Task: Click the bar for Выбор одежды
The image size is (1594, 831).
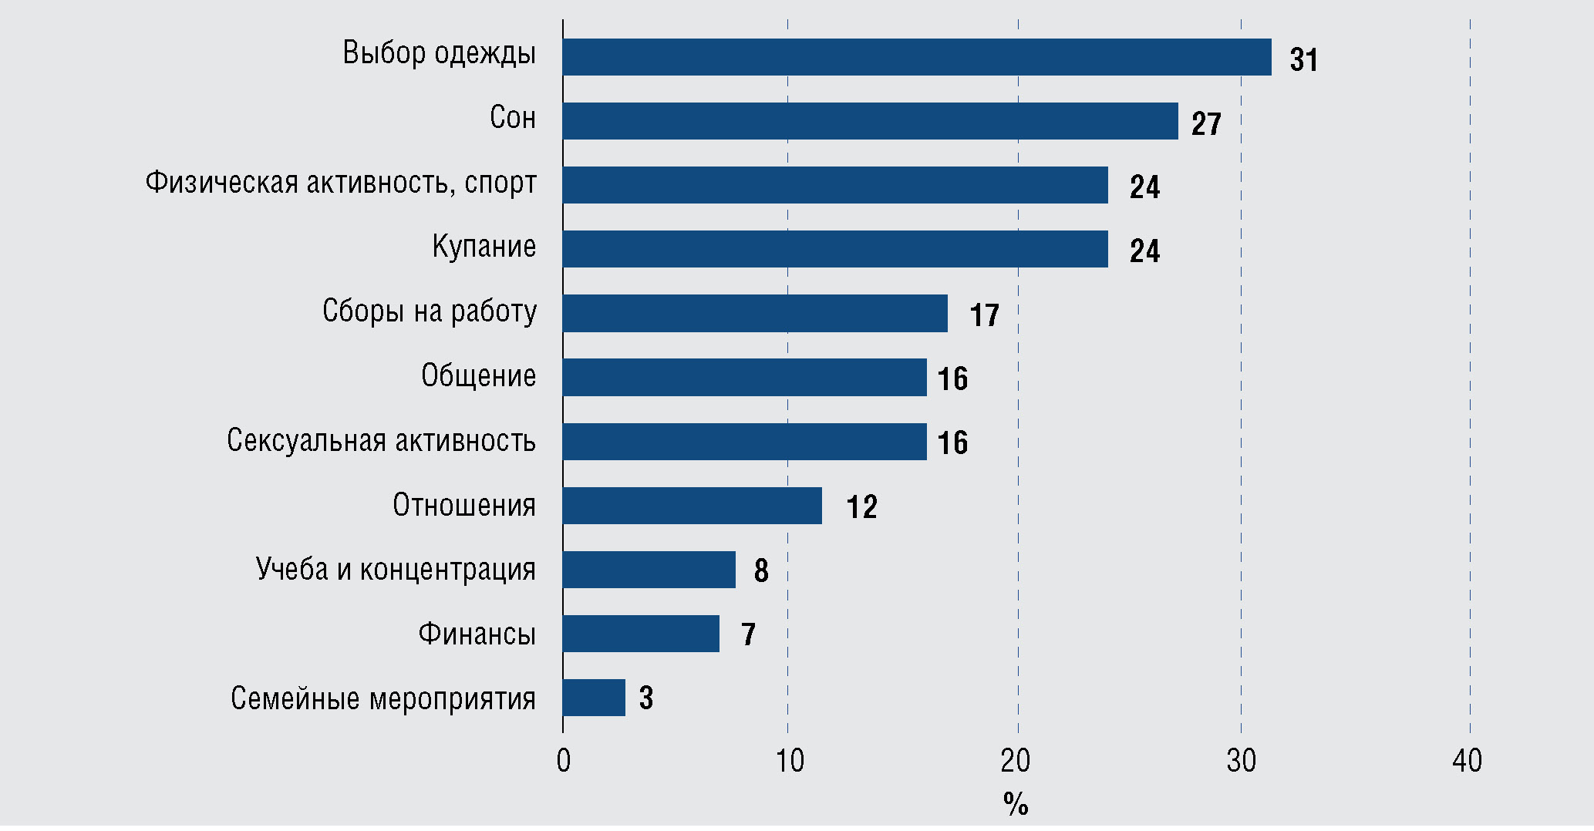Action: tap(917, 57)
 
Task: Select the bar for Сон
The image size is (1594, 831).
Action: tap(870, 121)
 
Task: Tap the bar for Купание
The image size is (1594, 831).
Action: tap(835, 249)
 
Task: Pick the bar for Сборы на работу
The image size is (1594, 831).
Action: tap(755, 313)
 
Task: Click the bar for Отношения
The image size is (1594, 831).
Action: tap(692, 506)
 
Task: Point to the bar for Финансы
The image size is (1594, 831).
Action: tap(641, 634)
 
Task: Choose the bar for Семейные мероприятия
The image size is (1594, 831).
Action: tap(594, 698)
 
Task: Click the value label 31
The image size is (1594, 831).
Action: tap(1304, 60)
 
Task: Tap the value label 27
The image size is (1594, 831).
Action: tap(1206, 124)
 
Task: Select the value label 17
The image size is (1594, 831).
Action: tap(984, 315)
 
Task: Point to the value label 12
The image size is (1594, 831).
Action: tap(861, 507)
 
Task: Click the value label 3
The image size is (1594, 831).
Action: tap(646, 698)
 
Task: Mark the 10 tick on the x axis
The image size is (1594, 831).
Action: tap(790, 762)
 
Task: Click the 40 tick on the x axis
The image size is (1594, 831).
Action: tap(1467, 762)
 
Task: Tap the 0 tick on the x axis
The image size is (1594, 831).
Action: tap(564, 762)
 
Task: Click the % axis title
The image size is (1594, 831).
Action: tap(1016, 805)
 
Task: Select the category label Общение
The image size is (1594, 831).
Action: tap(478, 376)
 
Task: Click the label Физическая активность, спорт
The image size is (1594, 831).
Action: tap(341, 183)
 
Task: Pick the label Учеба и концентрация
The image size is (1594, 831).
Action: tap(396, 570)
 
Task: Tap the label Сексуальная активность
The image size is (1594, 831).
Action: tap(381, 441)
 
